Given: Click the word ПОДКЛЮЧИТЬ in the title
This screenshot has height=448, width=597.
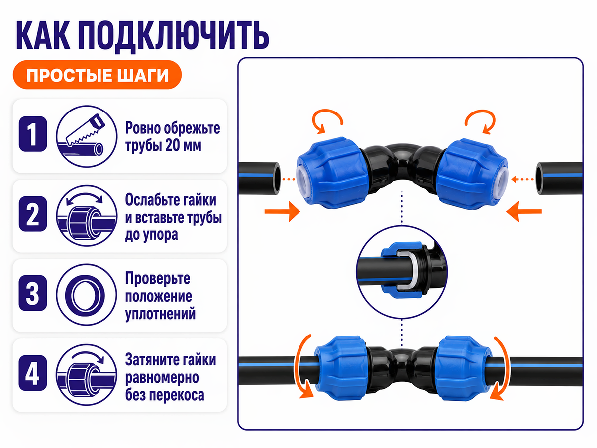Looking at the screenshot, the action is click(174, 36).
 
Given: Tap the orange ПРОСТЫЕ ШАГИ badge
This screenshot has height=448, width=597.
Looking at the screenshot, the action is click(97, 75).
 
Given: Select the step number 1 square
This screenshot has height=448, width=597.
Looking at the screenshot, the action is click(33, 134).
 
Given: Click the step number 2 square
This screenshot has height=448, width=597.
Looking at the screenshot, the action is click(33, 214).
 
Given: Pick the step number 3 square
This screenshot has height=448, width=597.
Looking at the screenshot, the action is click(33, 293).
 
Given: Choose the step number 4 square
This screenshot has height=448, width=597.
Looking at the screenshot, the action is click(33, 373).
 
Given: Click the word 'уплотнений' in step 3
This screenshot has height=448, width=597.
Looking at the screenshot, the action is click(160, 314).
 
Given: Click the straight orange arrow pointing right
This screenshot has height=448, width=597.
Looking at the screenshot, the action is click(282, 211).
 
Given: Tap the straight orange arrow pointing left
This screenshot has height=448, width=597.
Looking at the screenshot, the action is click(524, 211).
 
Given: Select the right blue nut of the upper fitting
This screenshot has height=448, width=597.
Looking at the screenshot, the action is click(472, 174).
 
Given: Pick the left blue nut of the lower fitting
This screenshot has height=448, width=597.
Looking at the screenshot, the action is click(341, 368).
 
